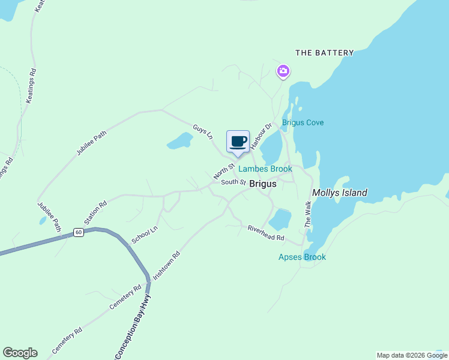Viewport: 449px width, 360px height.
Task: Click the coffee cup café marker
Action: [238, 142]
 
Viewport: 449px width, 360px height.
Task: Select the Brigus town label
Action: [263, 184]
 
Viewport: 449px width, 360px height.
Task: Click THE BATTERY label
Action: [325, 53]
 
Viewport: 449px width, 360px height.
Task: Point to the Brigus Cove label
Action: [303, 122]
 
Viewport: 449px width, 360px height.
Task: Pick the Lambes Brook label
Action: [265, 169]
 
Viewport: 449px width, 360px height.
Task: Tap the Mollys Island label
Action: [339, 193]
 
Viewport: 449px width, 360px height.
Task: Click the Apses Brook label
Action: [302, 257]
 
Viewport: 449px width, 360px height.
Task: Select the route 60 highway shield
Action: [79, 232]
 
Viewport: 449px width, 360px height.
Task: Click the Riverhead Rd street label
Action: [266, 233]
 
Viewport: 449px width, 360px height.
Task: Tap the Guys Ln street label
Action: [203, 132]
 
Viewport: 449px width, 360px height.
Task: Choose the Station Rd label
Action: [95, 212]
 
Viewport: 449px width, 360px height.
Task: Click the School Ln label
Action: [145, 235]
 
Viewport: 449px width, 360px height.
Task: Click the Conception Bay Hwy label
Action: [133, 326]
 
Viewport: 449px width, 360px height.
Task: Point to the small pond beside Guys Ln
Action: [179, 142]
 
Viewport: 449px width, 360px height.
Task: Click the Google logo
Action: [20, 353]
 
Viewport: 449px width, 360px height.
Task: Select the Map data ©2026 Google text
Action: [412, 355]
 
